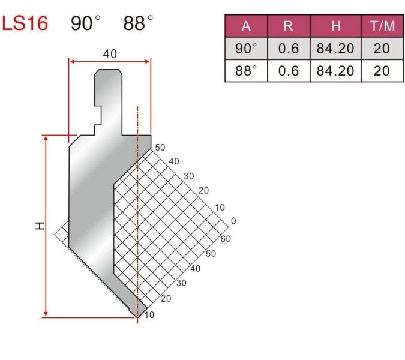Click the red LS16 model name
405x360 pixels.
coord(25,23)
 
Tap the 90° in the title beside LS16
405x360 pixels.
coord(85,23)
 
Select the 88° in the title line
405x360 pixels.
coord(138,23)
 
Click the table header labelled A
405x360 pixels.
coord(246,26)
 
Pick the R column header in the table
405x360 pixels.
coord(288,26)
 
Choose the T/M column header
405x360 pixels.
coord(382,26)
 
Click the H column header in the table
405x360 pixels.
coord(335,26)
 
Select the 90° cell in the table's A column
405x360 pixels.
coord(246,48)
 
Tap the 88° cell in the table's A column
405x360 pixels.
coord(246,71)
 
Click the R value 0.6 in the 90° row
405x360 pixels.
coord(289,48)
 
